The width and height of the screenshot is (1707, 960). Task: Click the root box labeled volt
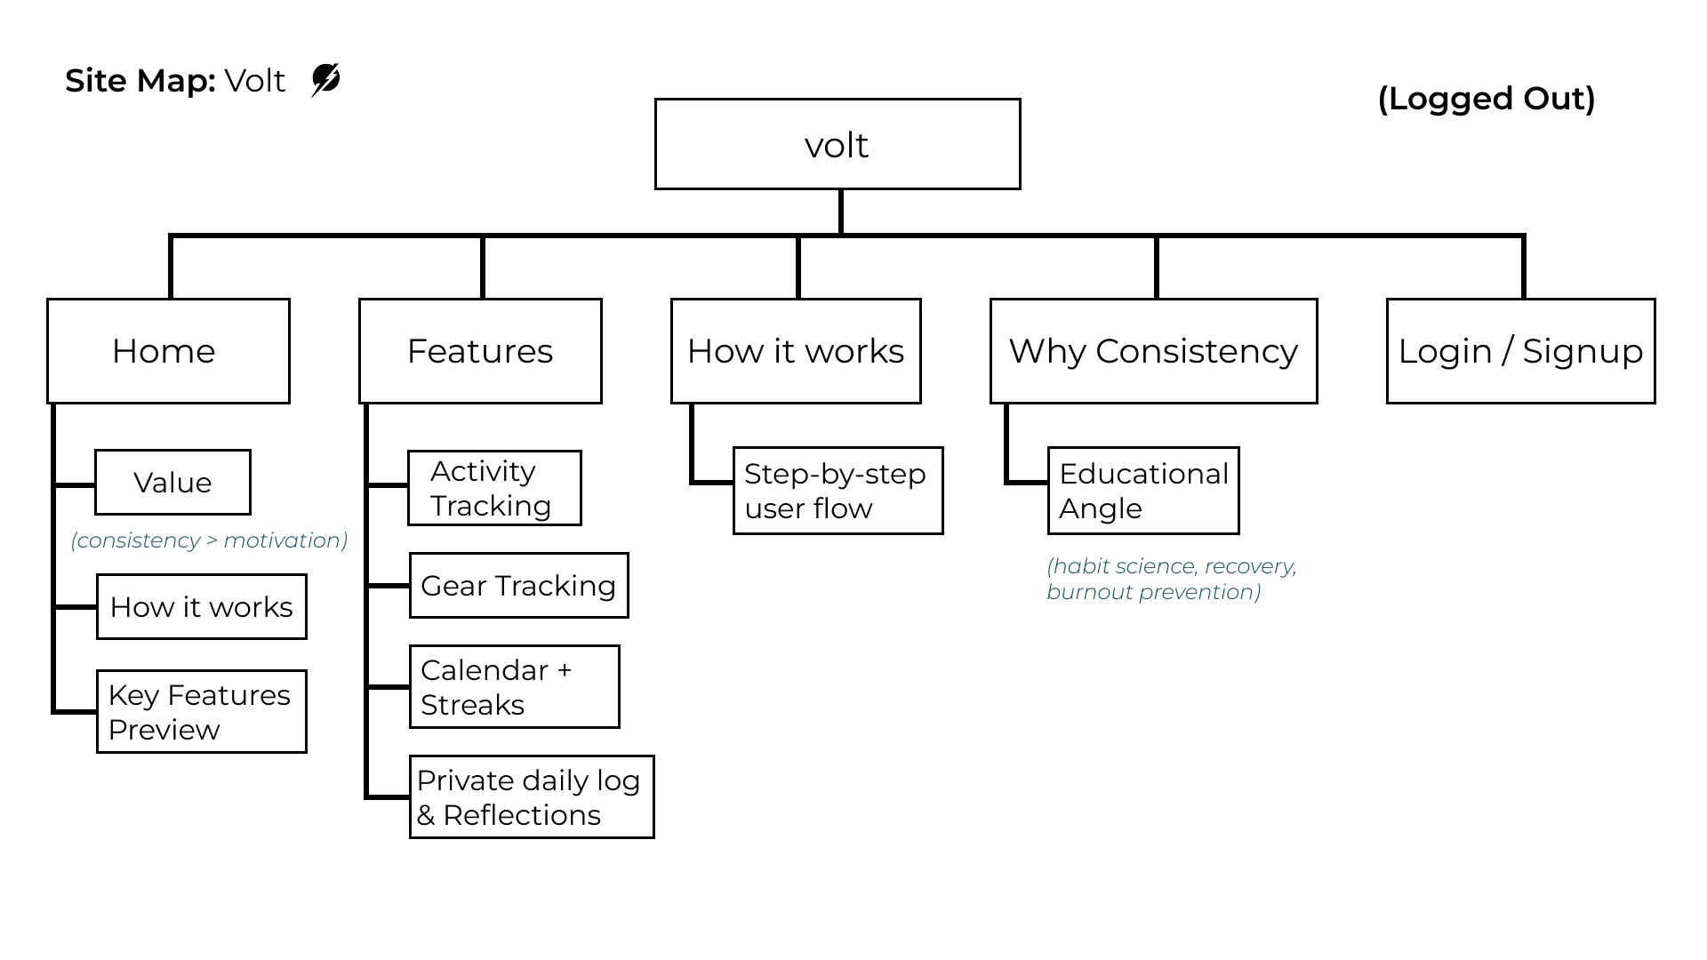click(x=837, y=144)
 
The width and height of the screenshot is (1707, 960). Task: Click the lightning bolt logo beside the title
click(x=325, y=80)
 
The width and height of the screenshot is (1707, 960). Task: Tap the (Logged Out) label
click(x=1486, y=99)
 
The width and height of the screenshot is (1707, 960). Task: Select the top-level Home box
click(x=168, y=351)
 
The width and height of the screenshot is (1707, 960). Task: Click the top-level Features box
click(x=480, y=351)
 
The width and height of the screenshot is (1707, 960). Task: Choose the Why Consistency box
click(x=1153, y=351)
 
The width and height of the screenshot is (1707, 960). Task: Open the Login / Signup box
click(x=1520, y=351)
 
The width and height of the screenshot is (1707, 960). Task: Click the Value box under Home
click(x=172, y=483)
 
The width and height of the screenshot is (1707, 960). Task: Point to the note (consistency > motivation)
click(x=209, y=540)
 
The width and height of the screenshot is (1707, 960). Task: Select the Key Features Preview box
click(x=201, y=712)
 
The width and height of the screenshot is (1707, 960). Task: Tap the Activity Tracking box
click(x=494, y=488)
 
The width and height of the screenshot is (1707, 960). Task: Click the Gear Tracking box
click(x=518, y=586)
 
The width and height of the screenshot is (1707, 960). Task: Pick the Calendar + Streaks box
click(x=514, y=687)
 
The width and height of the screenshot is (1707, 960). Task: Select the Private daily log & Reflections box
click(x=531, y=797)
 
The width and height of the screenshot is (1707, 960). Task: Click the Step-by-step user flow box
click(x=837, y=491)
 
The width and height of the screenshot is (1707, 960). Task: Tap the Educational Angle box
click(x=1143, y=491)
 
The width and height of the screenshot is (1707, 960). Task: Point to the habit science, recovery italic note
click(x=1171, y=579)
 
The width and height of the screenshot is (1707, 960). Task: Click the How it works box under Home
click(x=201, y=607)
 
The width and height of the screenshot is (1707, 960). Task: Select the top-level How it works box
click(x=796, y=351)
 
